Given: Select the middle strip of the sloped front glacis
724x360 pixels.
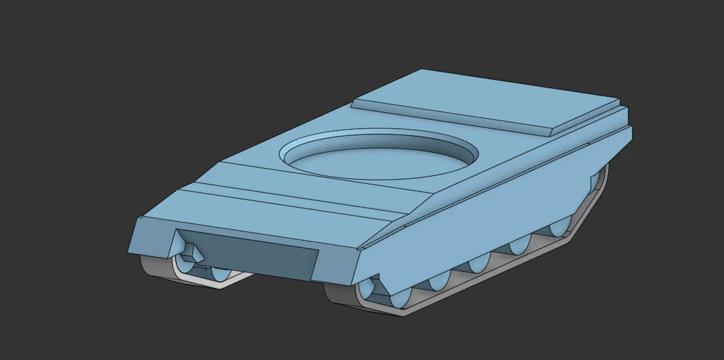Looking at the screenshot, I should [292, 194].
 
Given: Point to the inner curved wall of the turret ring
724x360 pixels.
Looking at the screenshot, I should [378, 141].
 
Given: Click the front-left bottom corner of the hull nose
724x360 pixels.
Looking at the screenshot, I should [130, 252].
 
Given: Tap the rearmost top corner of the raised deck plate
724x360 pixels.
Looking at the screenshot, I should [617, 100].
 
